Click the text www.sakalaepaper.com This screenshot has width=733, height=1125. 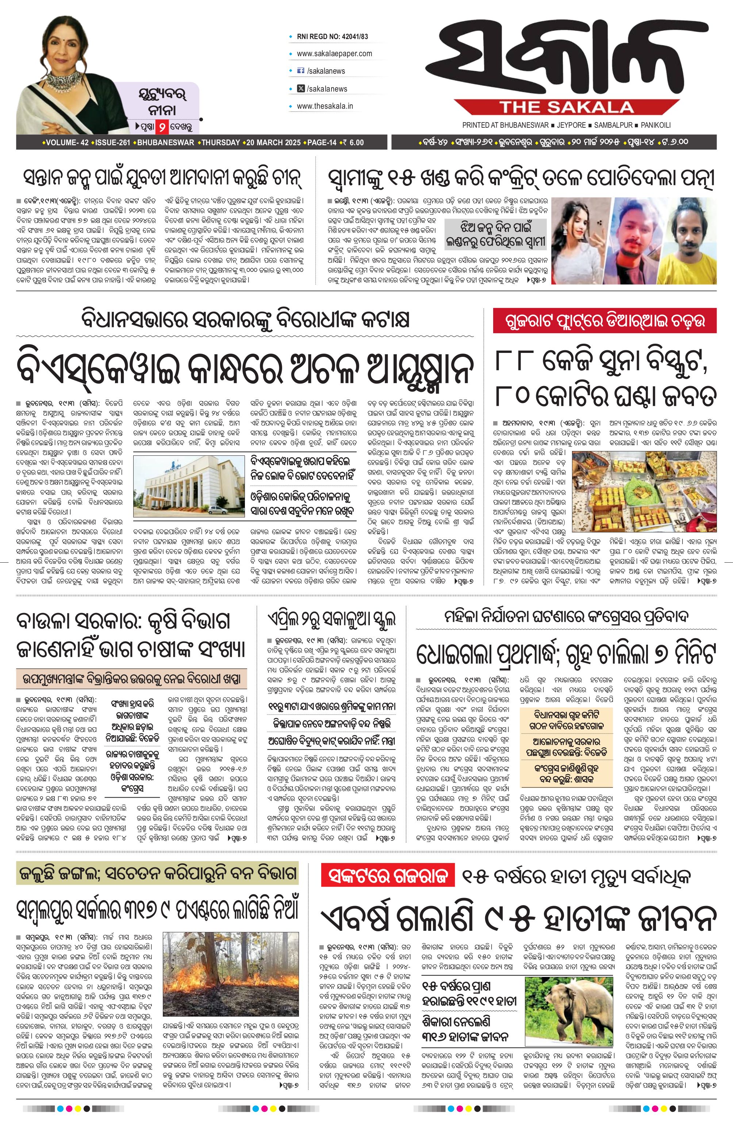point(334,53)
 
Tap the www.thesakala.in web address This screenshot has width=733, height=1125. point(325,106)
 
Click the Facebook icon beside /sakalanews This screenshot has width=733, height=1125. point(300,71)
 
